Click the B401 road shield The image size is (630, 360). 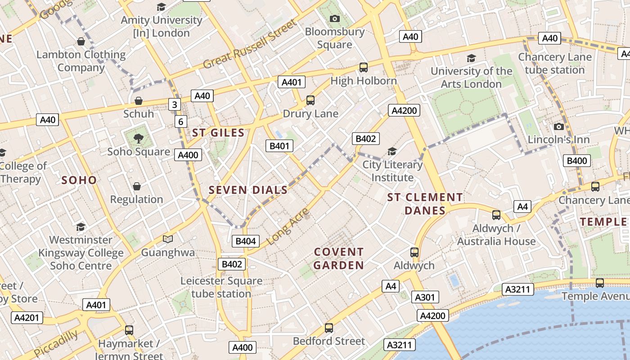pos(279,146)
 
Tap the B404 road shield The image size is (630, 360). pos(246,241)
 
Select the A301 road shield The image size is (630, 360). pos(424,297)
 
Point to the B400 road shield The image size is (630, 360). pos(577,161)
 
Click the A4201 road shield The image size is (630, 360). pos(27,318)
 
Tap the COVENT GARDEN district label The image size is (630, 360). pos(338,259)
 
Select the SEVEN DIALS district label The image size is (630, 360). pos(248,190)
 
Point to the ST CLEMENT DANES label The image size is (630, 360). pos(425,204)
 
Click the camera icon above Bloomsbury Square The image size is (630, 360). pos(334,19)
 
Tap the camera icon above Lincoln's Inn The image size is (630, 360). pos(558,127)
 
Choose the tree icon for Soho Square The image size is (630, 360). pos(139,139)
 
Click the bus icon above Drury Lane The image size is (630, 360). pos(310,100)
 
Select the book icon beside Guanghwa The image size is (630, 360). pos(168,239)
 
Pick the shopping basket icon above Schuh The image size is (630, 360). pos(139,101)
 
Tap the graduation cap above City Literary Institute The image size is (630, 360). pos(392,152)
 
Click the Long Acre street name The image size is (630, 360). pos(288,227)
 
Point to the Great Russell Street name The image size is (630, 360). pos(250,44)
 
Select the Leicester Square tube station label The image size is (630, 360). pos(221,288)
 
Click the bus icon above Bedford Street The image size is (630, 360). pos(329,328)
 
